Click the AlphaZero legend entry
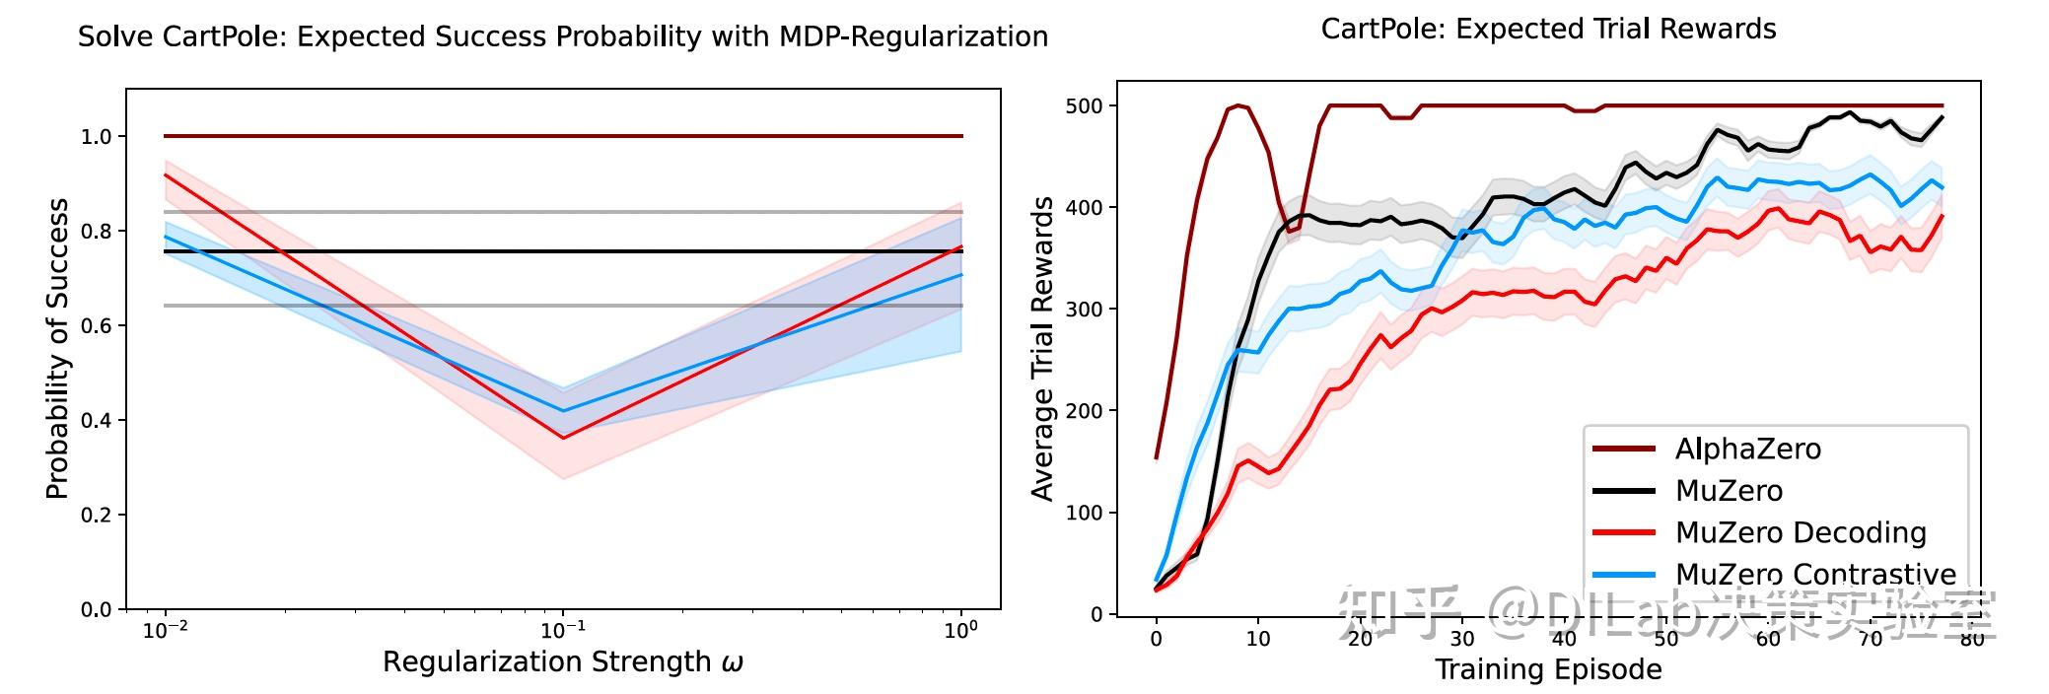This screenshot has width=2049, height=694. point(1747,450)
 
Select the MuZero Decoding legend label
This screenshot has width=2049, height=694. point(1801,533)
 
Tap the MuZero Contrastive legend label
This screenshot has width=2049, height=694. point(1815,574)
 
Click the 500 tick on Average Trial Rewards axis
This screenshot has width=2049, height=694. point(1084,105)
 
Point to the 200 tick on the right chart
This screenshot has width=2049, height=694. point(1084,411)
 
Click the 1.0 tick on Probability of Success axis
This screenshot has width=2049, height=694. point(97,137)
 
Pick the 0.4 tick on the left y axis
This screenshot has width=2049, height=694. point(97,421)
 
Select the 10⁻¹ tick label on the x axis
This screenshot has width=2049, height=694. point(563,631)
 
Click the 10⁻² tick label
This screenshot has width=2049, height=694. point(165,631)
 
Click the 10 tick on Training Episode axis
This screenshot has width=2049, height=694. point(1258,639)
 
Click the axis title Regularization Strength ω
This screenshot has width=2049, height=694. point(563,662)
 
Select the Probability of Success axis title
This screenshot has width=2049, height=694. point(58,349)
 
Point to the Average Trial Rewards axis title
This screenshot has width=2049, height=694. point(1042,349)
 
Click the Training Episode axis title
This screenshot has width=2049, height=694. point(1548,670)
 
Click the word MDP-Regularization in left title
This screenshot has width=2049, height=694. point(913,37)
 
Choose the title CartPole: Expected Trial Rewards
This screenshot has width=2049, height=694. point(1548,30)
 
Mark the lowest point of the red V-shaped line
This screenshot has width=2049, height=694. point(563,438)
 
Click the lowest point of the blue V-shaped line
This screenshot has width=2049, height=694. point(563,411)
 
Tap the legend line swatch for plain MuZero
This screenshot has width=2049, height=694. point(1623,491)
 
